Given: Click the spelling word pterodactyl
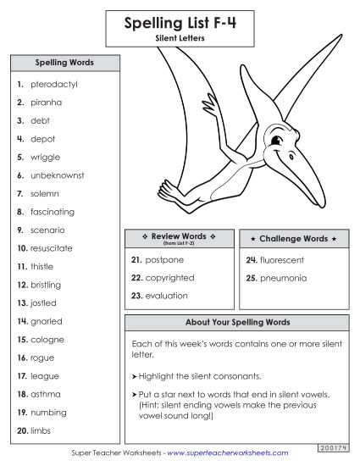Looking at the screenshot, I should [x=53, y=85].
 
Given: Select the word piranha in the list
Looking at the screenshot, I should [x=47, y=103].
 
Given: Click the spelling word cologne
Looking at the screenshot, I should [x=47, y=340].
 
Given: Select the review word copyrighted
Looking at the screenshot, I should [x=169, y=278].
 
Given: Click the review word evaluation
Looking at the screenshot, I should [x=167, y=296].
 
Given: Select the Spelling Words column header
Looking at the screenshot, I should [x=64, y=63].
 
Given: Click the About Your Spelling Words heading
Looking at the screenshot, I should [x=237, y=323].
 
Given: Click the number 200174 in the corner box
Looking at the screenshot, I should [x=338, y=445].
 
